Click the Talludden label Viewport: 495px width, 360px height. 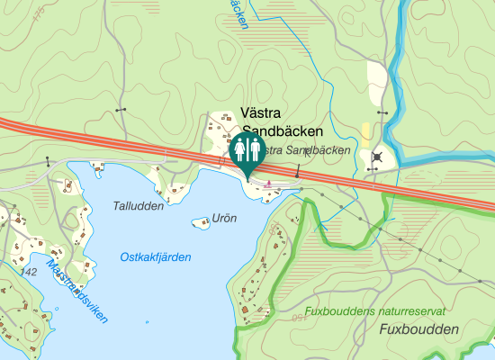139,205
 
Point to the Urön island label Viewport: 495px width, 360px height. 223,218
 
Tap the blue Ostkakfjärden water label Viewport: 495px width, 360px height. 156,257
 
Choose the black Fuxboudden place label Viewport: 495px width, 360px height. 419,329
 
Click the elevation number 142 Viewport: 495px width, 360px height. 28,272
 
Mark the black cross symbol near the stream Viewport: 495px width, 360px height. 375,158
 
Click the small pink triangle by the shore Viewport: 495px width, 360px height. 268,184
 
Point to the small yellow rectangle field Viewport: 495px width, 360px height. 365,131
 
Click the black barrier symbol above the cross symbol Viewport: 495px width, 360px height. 383,112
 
